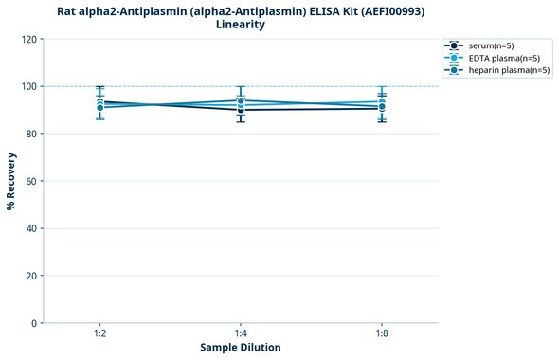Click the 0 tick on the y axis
pos(34,323)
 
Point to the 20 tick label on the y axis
pos(31,276)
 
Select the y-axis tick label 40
pos(31,228)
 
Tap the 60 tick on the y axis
pos(31,181)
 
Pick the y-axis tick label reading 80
pos(31,134)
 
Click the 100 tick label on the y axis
pos(28,86)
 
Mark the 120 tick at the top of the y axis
pos(28,39)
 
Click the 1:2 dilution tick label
pos(99,334)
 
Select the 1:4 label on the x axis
pos(241,334)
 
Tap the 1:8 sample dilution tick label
pos(381,334)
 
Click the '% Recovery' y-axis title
pos(11,181)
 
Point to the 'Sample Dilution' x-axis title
pos(241,348)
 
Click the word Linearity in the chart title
pos(241,25)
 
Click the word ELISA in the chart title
pos(308,10)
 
